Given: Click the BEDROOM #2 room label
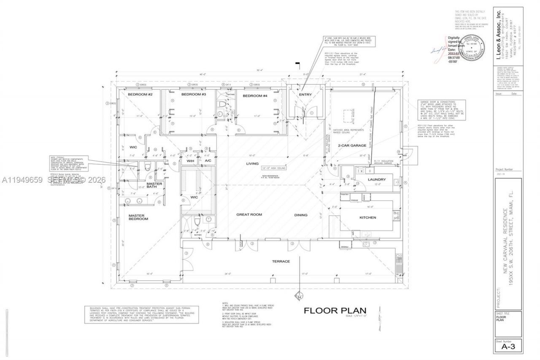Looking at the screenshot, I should pyautogui.click(x=137, y=95).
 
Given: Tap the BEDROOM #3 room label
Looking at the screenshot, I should pyautogui.click(x=193, y=95).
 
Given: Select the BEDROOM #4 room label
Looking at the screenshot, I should pyautogui.click(x=255, y=96).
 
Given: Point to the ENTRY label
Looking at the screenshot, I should pyautogui.click(x=305, y=95).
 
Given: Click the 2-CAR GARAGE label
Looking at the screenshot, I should pyautogui.click(x=351, y=146).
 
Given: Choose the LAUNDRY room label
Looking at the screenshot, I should pyautogui.click(x=377, y=179).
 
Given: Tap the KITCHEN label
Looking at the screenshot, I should pyautogui.click(x=367, y=217).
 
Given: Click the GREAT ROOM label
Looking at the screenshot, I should pyautogui.click(x=249, y=214).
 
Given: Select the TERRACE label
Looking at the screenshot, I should pyautogui.click(x=281, y=261).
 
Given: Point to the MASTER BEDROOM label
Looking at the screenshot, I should pyautogui.click(x=138, y=217).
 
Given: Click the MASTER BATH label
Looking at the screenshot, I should pyautogui.click(x=154, y=185).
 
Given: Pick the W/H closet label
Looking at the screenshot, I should pyautogui.click(x=190, y=161).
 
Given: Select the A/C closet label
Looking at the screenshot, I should pyautogui.click(x=208, y=161).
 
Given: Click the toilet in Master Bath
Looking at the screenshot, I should pyautogui.click(x=147, y=168).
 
